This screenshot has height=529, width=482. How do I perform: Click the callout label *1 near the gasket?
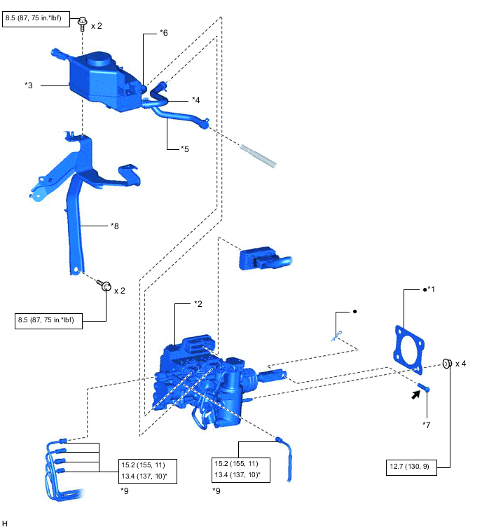coord(430,289)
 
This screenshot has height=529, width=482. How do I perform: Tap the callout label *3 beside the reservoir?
coord(29,85)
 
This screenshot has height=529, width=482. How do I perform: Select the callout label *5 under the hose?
coord(185,149)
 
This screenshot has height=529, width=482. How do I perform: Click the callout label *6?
coord(163,32)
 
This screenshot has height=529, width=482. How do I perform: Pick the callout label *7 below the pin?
coord(427,425)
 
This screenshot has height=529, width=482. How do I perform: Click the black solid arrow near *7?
coord(416,395)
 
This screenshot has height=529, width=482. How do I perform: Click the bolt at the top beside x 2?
coord(82,24)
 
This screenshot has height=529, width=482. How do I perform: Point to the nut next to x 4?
coord(445,364)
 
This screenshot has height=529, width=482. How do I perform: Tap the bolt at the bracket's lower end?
coord(106,286)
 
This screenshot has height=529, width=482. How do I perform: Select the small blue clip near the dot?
coord(336,336)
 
